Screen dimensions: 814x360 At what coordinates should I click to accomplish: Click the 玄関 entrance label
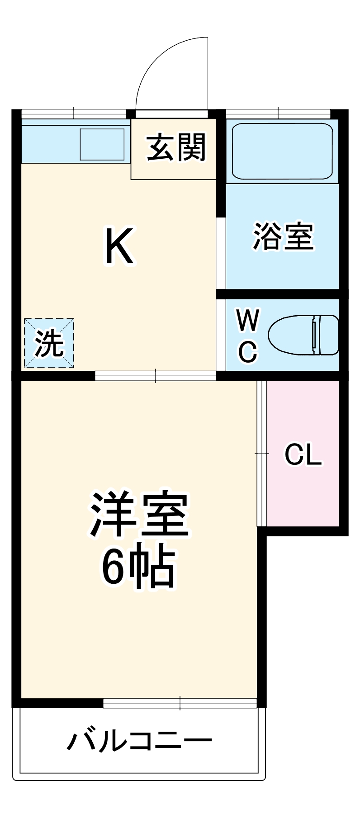coord(176,147)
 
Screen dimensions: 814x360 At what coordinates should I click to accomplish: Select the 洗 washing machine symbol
coord(49,343)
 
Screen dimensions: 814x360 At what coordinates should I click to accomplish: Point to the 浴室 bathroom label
coord(283,236)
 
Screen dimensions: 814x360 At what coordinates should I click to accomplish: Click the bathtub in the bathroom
coord(282,151)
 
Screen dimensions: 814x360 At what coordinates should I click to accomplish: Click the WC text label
coord(247,335)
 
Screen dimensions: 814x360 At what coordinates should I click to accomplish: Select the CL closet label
coord(303,454)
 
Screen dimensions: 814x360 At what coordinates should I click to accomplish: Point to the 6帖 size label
coord(138,568)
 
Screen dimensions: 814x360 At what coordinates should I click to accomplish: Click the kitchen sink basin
coord(102,144)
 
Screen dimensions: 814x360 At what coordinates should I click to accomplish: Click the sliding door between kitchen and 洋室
coord(155,375)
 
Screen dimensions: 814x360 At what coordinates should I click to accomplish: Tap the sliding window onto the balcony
coord(180,703)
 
